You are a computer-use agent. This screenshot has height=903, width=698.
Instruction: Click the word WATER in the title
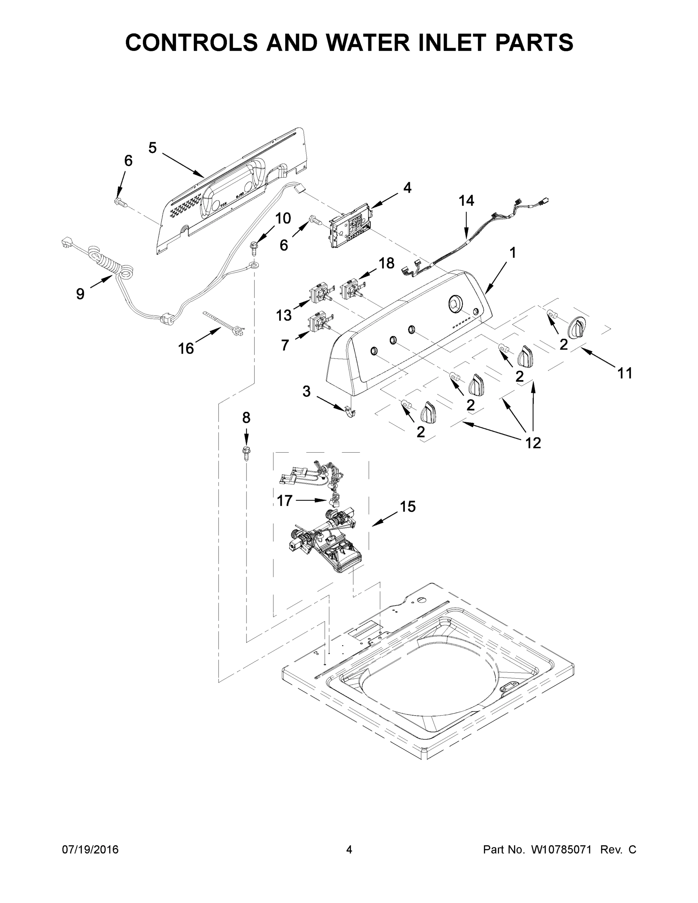click(364, 42)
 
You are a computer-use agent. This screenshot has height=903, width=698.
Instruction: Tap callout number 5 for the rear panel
click(153, 148)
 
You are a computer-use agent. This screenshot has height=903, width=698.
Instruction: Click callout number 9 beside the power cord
click(80, 293)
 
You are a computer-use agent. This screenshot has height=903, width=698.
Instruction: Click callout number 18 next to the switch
click(387, 263)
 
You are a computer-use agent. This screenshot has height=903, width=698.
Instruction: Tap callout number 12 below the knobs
click(533, 442)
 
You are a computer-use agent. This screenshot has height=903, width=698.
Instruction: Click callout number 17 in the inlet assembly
click(284, 501)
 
